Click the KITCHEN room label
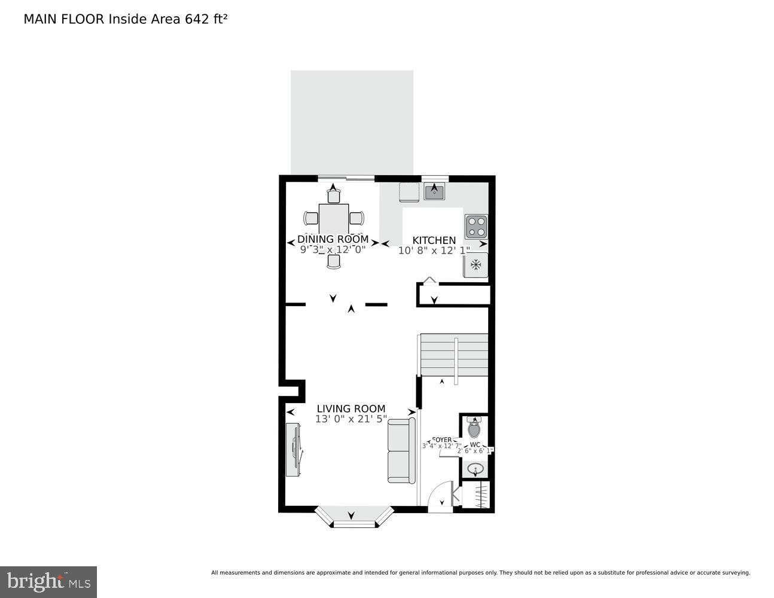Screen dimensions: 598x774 click(x=434, y=240)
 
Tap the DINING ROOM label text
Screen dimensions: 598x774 click(x=333, y=239)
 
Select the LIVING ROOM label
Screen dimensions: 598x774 click(x=351, y=409)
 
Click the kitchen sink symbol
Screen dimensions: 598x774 click(x=434, y=192)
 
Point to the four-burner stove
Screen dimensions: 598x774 click(x=476, y=227)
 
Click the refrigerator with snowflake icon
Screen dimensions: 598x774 click(x=476, y=265)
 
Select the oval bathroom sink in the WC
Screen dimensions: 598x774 click(x=476, y=469)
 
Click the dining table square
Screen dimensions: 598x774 click(x=334, y=219)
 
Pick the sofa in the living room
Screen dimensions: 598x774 click(x=401, y=450)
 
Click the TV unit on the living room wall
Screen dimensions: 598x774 click(x=293, y=449)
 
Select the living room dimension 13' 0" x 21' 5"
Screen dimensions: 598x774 click(x=351, y=419)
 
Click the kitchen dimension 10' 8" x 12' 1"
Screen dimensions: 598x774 click(x=434, y=250)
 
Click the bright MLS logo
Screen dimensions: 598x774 click(x=48, y=582)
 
